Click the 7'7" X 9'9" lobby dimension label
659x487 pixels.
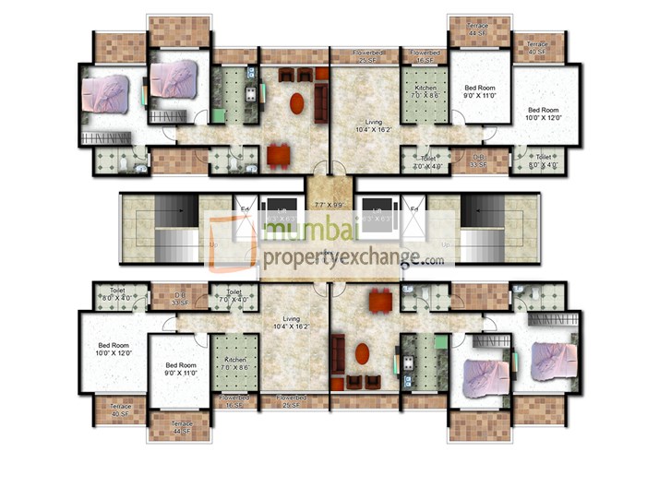[x=329, y=204]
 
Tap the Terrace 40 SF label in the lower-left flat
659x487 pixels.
[x=120, y=410]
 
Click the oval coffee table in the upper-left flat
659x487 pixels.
[x=296, y=103]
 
